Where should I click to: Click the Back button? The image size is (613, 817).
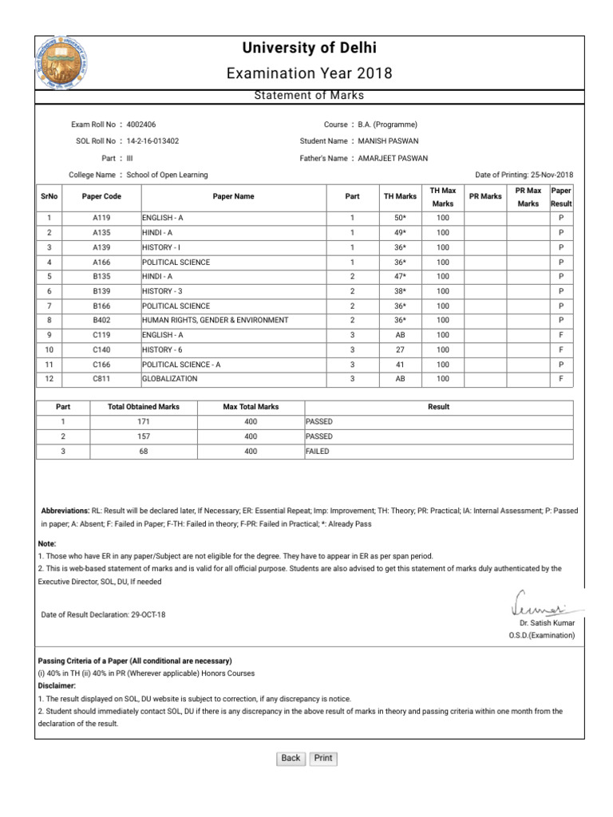(291, 758)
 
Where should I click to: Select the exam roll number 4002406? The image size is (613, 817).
(141, 124)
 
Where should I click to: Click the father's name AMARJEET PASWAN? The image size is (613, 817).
(393, 158)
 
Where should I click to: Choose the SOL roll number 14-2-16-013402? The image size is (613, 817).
(152, 140)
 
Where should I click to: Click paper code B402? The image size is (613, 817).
(101, 320)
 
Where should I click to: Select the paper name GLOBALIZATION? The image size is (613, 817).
(169, 378)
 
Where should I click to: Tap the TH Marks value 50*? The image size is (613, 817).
(400, 218)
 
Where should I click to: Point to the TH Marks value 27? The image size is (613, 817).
(400, 349)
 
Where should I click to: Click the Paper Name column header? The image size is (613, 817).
(233, 196)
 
